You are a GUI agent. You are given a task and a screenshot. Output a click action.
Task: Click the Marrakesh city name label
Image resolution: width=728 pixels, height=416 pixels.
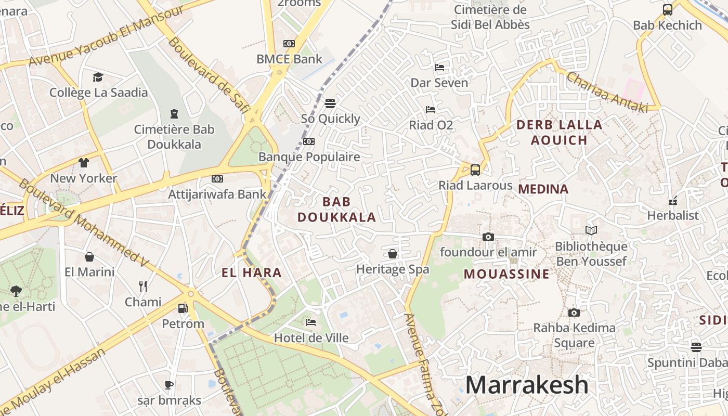coord(526,385)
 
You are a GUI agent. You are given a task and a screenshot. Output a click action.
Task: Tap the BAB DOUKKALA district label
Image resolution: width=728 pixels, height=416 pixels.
coord(336,210)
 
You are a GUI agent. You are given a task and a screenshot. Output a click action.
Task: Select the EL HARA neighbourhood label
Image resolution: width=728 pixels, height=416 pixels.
coord(251,272)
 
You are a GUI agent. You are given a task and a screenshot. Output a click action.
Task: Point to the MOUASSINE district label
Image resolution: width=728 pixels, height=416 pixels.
coord(506,274)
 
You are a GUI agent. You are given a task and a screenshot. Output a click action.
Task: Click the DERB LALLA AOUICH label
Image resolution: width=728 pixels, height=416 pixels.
coord(559,132)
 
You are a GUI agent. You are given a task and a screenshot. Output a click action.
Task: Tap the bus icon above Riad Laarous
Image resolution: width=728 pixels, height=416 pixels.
coord(475,170)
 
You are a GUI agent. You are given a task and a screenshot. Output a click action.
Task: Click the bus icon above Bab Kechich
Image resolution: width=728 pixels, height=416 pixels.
coord(667,9)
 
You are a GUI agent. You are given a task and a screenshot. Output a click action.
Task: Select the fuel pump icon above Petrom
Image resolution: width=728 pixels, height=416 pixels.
coord(183,308)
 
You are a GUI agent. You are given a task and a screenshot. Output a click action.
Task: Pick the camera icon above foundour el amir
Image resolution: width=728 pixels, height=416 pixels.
coord(488,237)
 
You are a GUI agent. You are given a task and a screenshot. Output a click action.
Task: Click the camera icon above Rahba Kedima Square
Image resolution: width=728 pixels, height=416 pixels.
coord(574,313)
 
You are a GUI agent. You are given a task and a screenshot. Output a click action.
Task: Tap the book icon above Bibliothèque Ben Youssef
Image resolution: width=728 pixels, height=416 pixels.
coord(591,230)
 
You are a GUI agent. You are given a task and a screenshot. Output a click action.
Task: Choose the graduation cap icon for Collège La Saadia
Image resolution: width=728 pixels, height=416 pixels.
coord(98,77)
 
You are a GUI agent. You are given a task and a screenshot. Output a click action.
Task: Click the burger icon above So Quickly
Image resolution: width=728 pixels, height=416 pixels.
coord(330,103)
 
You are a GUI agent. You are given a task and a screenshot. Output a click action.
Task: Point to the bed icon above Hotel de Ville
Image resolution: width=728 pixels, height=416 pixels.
coord(311,322)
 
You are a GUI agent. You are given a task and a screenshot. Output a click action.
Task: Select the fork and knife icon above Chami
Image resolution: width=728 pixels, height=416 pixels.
coord(143,286)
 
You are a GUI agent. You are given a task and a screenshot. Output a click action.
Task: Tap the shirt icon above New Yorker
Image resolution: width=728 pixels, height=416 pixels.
coord(84,163)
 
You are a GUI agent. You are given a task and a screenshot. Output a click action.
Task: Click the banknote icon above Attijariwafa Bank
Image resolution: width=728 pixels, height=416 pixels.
coord(217,179)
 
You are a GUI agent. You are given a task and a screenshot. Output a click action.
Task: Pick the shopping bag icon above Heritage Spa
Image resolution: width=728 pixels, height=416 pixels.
coord(393,254)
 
